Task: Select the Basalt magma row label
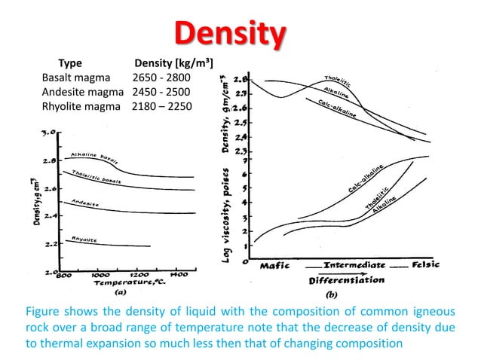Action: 75,78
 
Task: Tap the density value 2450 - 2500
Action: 161,92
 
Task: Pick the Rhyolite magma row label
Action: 81,106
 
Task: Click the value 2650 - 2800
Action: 161,78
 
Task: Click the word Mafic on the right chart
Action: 276,266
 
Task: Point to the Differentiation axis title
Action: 346,279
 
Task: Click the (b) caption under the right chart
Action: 332,294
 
